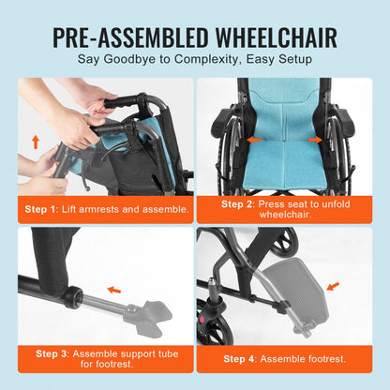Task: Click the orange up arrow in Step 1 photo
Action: point(37,142)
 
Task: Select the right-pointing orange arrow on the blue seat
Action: point(314,140)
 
